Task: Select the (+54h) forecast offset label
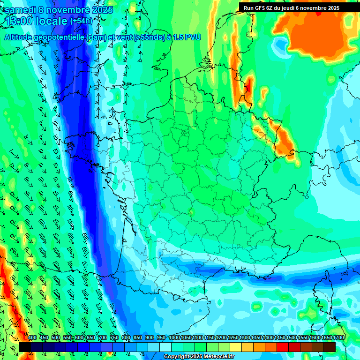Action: [x=81, y=21]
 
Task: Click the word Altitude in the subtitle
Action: [x=21, y=37]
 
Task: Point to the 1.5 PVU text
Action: [x=186, y=37]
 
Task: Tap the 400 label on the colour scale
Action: [x=32, y=337]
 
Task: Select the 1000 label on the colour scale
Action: [x=174, y=337]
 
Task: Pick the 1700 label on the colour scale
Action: [x=338, y=337]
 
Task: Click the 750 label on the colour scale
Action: [x=114, y=337]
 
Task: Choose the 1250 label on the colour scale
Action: [x=233, y=337]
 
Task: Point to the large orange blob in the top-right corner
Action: [x=321, y=35]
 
